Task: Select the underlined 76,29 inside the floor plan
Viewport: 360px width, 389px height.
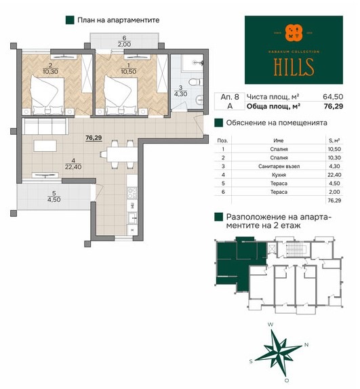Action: click(94, 138)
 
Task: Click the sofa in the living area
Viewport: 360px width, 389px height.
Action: click(45, 127)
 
